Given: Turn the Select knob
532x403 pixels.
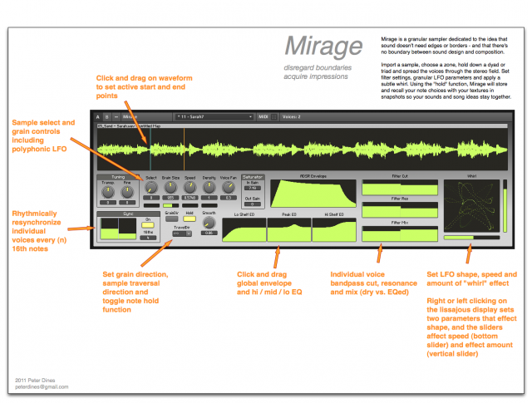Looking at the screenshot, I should tap(150, 188).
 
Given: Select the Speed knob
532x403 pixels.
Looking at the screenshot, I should tap(190, 188).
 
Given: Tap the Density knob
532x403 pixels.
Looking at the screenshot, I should tap(209, 188).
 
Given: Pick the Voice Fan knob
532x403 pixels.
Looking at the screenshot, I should tap(229, 188).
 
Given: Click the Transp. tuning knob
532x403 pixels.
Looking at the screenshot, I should tap(107, 193).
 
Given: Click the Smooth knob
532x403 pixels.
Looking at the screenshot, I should tap(210, 224).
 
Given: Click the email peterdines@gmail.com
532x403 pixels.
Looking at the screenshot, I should tap(41, 386).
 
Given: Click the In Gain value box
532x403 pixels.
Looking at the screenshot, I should tap(253, 188).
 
